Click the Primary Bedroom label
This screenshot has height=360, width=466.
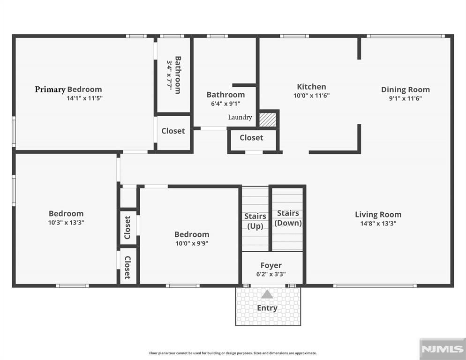68,90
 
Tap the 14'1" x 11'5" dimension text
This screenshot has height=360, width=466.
84,98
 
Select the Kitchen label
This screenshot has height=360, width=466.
311,87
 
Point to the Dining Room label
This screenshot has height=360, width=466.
406,90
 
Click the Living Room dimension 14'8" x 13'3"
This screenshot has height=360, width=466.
378,224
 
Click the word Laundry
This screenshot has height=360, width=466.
240,118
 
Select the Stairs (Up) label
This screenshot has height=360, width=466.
255,221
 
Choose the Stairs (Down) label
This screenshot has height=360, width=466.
288,218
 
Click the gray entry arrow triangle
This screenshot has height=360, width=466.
267,294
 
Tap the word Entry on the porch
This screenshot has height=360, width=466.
267,308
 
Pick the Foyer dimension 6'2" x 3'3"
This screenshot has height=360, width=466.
271,274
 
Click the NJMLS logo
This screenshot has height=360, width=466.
443,349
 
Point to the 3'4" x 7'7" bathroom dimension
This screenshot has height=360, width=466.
170,75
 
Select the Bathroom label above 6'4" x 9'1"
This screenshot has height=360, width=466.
225,95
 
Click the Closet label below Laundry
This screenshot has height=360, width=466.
251,138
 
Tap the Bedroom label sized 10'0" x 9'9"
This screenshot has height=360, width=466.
192,234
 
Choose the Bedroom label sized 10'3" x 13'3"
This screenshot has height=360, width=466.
66,213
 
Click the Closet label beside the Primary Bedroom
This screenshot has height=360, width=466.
173,131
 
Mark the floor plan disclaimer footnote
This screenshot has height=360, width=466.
233,353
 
